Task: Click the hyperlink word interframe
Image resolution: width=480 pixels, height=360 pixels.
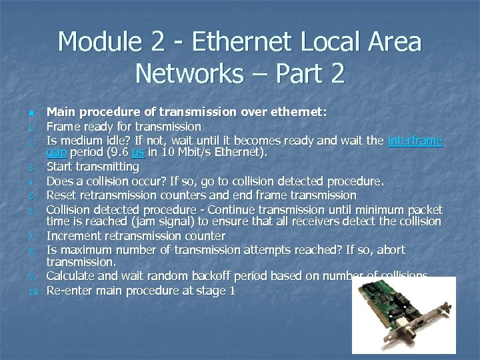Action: click(x=415, y=141)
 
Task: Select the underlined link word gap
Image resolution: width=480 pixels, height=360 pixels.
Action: click(x=55, y=153)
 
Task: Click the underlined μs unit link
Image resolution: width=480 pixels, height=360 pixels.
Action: click(x=138, y=153)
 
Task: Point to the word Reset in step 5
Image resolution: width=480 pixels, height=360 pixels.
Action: click(x=62, y=195)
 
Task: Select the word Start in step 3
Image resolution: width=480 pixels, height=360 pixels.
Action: click(x=60, y=167)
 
